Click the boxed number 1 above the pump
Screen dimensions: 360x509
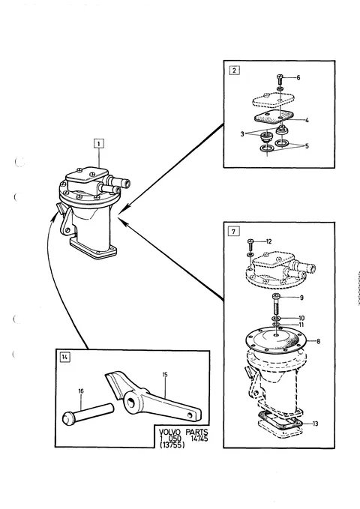click(x=99, y=143)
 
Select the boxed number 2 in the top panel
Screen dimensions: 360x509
click(x=235, y=70)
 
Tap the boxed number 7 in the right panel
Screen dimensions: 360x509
click(x=234, y=232)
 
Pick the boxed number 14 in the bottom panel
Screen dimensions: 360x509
click(x=65, y=357)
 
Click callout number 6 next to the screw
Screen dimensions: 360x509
click(x=298, y=77)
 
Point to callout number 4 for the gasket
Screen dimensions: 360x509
click(x=307, y=121)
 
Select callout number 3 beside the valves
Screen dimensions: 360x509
click(x=242, y=133)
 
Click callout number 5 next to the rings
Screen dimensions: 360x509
click(x=307, y=146)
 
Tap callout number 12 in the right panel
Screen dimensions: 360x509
click(x=268, y=241)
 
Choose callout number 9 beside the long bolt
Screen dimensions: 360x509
click(x=301, y=298)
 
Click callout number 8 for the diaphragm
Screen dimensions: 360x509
click(x=318, y=342)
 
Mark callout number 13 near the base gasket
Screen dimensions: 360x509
click(x=315, y=424)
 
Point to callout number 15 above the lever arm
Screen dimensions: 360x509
click(x=165, y=375)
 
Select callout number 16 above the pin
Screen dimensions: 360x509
click(x=81, y=391)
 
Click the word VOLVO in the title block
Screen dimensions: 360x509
click(x=169, y=433)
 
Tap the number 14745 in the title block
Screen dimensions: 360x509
click(x=199, y=439)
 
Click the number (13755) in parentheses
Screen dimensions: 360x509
click(x=172, y=445)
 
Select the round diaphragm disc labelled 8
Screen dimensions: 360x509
click(x=275, y=341)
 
